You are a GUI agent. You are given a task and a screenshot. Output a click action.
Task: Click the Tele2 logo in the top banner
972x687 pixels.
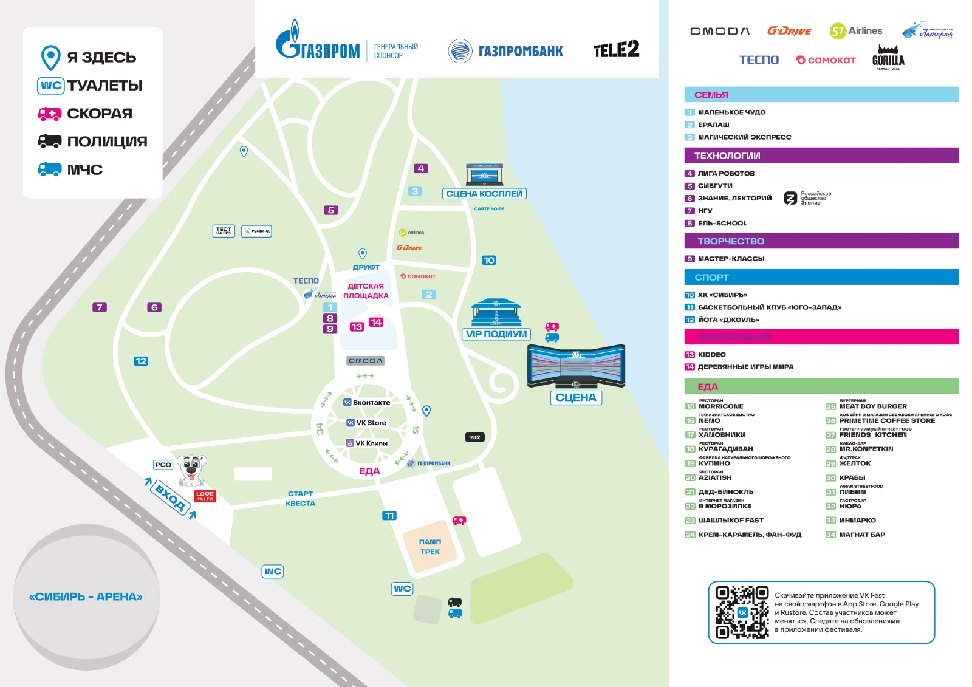tap(616, 49)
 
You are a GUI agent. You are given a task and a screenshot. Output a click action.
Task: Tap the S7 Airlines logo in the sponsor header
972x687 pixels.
tap(856, 31)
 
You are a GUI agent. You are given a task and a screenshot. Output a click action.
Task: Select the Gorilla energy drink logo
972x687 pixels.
tap(888, 57)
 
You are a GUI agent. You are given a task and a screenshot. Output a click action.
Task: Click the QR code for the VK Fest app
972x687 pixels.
tap(742, 612)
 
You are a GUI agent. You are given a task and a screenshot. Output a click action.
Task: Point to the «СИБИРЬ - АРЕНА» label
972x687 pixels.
tap(86, 596)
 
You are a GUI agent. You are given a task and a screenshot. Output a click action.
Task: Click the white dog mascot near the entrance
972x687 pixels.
tap(192, 470)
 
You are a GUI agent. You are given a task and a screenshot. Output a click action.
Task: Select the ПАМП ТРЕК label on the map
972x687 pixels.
tap(430, 547)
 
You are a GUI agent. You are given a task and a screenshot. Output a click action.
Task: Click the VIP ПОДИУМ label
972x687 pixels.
tap(496, 334)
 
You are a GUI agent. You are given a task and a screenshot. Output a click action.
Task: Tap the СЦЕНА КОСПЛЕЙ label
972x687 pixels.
tap(484, 194)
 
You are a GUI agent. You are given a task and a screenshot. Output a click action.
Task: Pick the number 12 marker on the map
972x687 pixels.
tap(141, 361)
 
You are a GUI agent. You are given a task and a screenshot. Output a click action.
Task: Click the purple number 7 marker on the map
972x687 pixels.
tap(100, 307)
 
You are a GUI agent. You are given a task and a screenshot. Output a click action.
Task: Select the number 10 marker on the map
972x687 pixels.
tap(488, 260)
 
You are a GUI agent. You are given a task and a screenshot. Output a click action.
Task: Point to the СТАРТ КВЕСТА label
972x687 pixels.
tap(300, 499)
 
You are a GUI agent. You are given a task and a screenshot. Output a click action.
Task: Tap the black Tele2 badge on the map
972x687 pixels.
tap(474, 437)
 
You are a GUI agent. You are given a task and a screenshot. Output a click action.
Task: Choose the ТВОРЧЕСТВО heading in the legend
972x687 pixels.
tap(731, 241)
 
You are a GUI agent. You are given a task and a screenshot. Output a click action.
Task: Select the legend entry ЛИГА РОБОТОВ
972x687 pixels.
tap(725, 173)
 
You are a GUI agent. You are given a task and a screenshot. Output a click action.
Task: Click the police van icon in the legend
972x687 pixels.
tap(50, 142)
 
